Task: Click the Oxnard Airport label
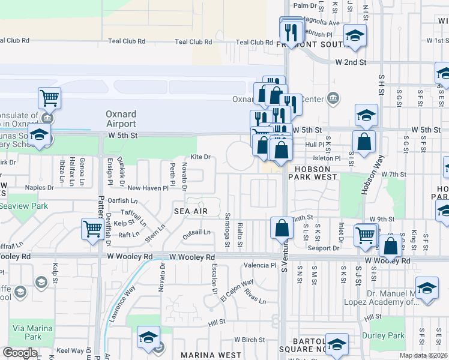tap(121, 119)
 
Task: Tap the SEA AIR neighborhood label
tap(191, 211)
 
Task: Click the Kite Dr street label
tap(200, 157)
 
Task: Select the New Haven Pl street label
tap(148, 188)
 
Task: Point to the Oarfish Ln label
tap(122, 200)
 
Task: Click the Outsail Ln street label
tap(196, 232)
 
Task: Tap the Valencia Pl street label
tap(259, 265)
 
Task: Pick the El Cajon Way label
tap(237, 290)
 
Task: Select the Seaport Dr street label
tap(324, 248)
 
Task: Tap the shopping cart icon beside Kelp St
tap(92, 229)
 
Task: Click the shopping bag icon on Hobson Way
tap(364, 142)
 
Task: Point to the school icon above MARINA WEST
tap(148, 337)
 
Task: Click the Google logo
tap(20, 353)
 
